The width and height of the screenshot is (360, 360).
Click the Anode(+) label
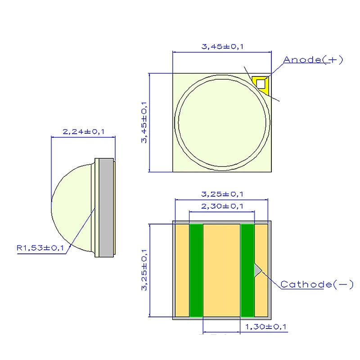coord(313,60)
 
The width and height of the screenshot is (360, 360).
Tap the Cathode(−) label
coord(317,284)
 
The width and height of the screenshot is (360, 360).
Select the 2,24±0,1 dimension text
coord(84,132)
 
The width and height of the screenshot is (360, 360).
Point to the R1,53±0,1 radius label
coord(40,248)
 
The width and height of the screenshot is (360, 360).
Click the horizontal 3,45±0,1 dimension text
coord(222,47)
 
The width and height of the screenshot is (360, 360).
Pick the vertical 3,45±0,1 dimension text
coord(144,122)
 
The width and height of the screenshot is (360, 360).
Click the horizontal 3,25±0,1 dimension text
coord(222,194)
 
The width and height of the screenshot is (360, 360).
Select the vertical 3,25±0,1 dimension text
coord(144,270)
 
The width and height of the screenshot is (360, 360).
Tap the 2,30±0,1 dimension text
coord(222,206)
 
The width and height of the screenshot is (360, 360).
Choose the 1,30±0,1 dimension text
coord(266,327)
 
